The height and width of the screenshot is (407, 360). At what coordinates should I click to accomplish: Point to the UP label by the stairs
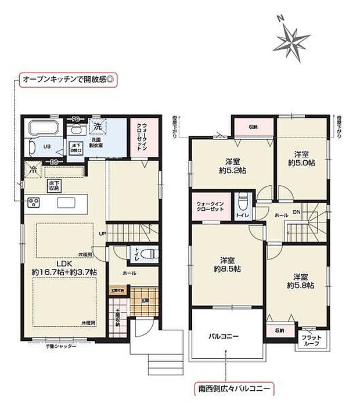pos(103,234)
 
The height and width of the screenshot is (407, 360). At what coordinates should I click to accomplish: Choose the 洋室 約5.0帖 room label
pos(300,159)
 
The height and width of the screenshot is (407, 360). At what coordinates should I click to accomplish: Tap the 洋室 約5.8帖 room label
pos(301,281)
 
